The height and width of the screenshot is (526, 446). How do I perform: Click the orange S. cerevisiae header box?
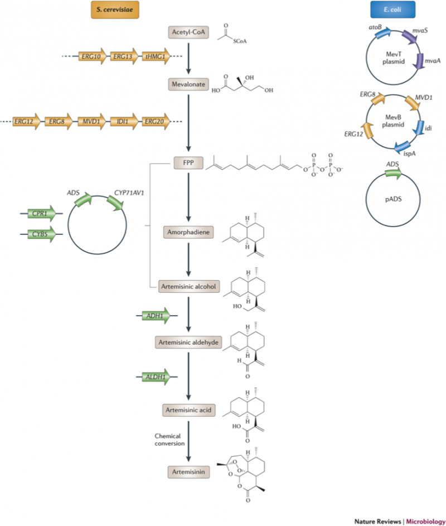pos(115,9)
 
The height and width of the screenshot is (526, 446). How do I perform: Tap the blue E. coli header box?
pos(392,9)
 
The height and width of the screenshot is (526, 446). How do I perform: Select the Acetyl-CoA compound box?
pos(188,32)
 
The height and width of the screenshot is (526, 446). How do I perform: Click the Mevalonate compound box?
pos(188,84)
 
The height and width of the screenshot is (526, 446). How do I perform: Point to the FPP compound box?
pos(188,163)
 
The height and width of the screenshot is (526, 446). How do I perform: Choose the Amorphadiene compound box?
pos(188,232)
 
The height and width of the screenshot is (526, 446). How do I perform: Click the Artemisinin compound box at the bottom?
pos(188,472)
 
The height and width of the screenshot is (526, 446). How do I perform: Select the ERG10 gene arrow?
pos(92,56)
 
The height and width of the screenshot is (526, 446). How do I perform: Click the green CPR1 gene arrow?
pos(42,213)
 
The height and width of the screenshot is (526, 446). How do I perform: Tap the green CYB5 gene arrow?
pos(42,234)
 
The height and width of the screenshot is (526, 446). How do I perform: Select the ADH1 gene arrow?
pos(156,316)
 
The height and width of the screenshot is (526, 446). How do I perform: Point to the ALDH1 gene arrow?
pos(156,377)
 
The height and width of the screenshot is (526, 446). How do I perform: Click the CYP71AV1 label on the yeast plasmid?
pos(129,193)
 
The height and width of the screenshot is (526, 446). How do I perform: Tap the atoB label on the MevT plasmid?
pos(375,27)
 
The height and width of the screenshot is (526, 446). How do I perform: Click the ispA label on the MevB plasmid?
pos(409,153)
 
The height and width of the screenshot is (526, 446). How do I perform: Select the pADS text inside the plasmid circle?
pos(394,199)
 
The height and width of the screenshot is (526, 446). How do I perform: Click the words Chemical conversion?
pos(169,440)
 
